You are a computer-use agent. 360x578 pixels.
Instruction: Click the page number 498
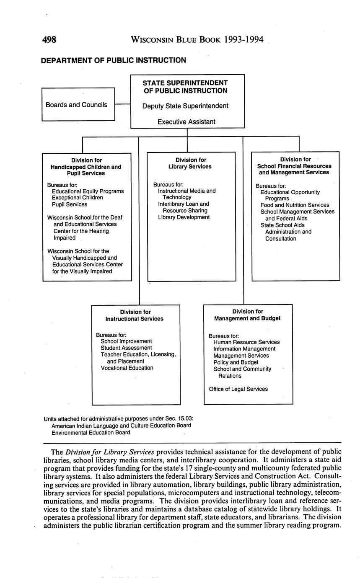49,40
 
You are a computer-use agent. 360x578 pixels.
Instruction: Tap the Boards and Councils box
78,104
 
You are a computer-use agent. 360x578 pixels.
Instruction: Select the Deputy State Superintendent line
185,106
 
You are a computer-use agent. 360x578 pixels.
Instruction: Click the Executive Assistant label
186,122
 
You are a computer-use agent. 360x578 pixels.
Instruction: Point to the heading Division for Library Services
191,163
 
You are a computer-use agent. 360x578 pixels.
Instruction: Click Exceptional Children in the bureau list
77,198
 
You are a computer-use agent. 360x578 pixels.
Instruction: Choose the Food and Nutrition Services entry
295,205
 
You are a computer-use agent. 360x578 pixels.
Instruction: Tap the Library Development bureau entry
184,217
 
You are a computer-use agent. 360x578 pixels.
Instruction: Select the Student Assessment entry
126,348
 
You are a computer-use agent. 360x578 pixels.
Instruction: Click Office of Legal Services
238,389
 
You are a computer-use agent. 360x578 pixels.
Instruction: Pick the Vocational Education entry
127,368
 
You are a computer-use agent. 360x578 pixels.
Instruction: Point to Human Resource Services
246,342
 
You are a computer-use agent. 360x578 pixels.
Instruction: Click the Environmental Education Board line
91,433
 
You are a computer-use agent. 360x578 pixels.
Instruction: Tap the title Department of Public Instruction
113,60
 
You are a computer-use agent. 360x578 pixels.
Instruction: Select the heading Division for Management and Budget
247,315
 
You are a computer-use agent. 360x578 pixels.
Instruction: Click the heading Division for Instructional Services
135,315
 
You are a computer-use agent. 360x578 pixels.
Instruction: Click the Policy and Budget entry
236,362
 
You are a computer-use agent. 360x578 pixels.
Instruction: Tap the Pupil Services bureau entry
70,204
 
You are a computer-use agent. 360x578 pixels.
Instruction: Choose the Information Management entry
244,349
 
